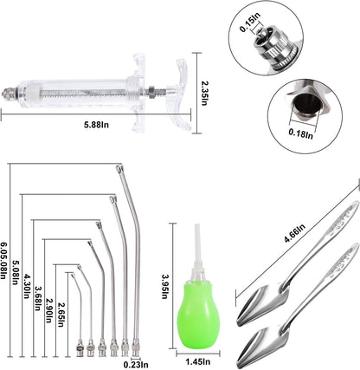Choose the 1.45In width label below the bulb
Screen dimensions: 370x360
click(x=200, y=360)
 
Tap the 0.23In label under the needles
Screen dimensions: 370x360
click(x=133, y=364)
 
